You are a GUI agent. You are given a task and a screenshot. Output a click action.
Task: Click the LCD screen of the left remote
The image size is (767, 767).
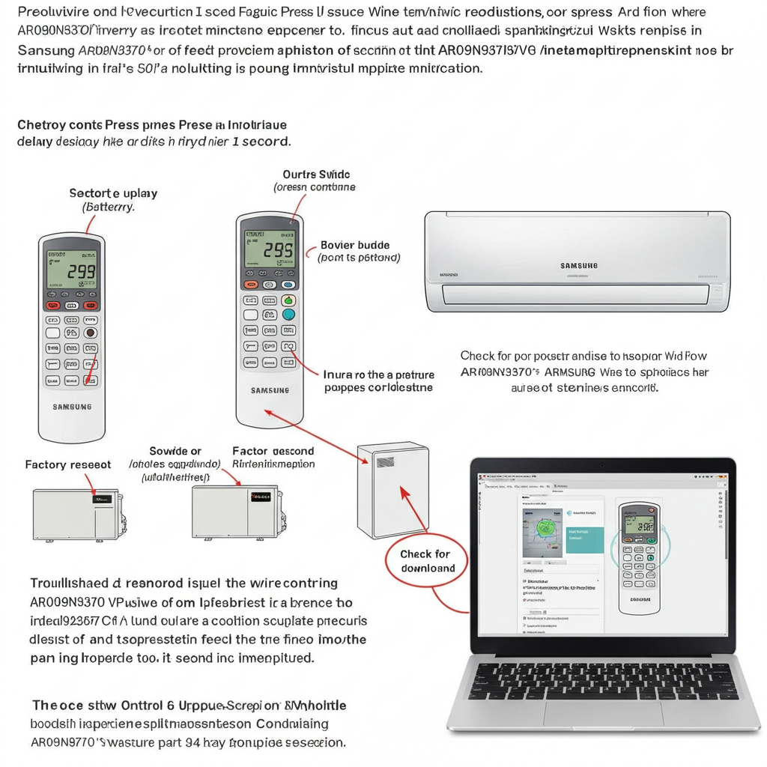point(71,270)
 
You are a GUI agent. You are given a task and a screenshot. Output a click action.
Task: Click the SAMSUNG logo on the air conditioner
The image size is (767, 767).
point(578,265)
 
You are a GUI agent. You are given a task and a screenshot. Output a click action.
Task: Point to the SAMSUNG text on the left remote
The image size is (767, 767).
point(72,407)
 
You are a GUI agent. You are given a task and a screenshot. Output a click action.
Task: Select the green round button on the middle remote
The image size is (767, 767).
point(288,300)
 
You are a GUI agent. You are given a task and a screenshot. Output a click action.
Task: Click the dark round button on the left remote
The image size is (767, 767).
point(90,333)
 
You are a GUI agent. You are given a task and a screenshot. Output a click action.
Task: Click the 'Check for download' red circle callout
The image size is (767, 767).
point(425,561)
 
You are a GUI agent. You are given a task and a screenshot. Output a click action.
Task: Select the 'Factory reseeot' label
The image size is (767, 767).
point(68,465)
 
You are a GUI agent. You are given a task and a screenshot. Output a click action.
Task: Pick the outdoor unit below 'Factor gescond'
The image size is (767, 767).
point(235,510)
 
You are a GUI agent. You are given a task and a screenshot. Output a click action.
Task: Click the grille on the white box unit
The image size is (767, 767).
point(385,462)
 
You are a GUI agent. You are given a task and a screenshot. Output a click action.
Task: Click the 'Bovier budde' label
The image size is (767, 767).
point(354,245)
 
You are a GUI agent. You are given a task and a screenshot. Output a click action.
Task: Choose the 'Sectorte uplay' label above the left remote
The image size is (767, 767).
point(113,193)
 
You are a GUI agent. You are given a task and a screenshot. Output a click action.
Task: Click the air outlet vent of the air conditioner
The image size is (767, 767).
point(575,294)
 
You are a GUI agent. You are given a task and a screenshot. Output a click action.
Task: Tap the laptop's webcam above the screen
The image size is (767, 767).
point(603,464)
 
